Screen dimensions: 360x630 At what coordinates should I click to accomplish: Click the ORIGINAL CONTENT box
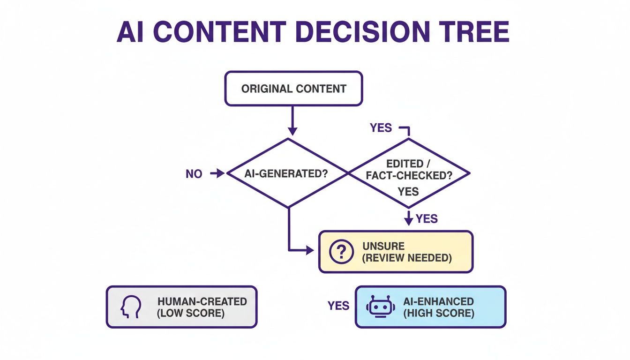(x=294, y=89)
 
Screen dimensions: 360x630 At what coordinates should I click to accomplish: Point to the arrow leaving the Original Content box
(x=292, y=120)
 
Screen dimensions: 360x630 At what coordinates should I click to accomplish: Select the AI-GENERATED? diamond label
(x=286, y=173)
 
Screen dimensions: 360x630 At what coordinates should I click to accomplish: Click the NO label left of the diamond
(x=194, y=174)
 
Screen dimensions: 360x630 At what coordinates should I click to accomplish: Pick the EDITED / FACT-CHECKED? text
(x=408, y=169)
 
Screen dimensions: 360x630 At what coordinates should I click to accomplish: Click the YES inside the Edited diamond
(x=408, y=191)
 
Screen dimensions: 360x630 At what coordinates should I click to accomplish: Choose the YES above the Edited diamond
(x=381, y=128)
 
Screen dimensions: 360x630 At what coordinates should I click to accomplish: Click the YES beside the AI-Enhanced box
(x=338, y=306)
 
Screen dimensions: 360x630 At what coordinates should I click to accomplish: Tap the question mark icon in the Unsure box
(x=341, y=252)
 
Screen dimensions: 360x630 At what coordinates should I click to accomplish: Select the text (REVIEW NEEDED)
(x=407, y=258)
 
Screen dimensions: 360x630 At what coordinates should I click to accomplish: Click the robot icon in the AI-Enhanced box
(x=380, y=307)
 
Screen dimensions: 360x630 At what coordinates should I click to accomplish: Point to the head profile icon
(x=131, y=307)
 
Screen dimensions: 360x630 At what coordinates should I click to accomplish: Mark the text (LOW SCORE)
(x=191, y=313)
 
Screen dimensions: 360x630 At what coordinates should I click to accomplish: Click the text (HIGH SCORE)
(x=439, y=313)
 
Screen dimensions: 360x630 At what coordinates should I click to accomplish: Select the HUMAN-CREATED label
(x=202, y=301)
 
